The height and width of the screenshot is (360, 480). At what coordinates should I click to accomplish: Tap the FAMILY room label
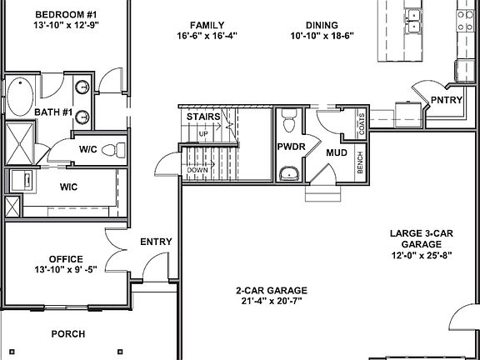click(x=207, y=25)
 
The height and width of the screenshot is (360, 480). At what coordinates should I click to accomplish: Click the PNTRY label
click(x=446, y=100)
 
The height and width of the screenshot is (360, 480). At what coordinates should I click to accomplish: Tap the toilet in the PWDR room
click(x=289, y=122)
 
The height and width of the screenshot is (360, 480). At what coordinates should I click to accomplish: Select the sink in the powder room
click(x=289, y=172)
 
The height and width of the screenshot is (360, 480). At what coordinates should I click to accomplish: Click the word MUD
click(x=337, y=153)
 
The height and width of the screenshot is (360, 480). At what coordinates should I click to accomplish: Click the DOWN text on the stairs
click(x=197, y=170)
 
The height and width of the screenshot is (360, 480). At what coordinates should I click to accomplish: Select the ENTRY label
click(x=156, y=242)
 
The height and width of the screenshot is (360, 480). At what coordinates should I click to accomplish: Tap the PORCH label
click(x=68, y=334)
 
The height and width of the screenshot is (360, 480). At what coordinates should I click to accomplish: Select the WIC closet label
click(x=68, y=187)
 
